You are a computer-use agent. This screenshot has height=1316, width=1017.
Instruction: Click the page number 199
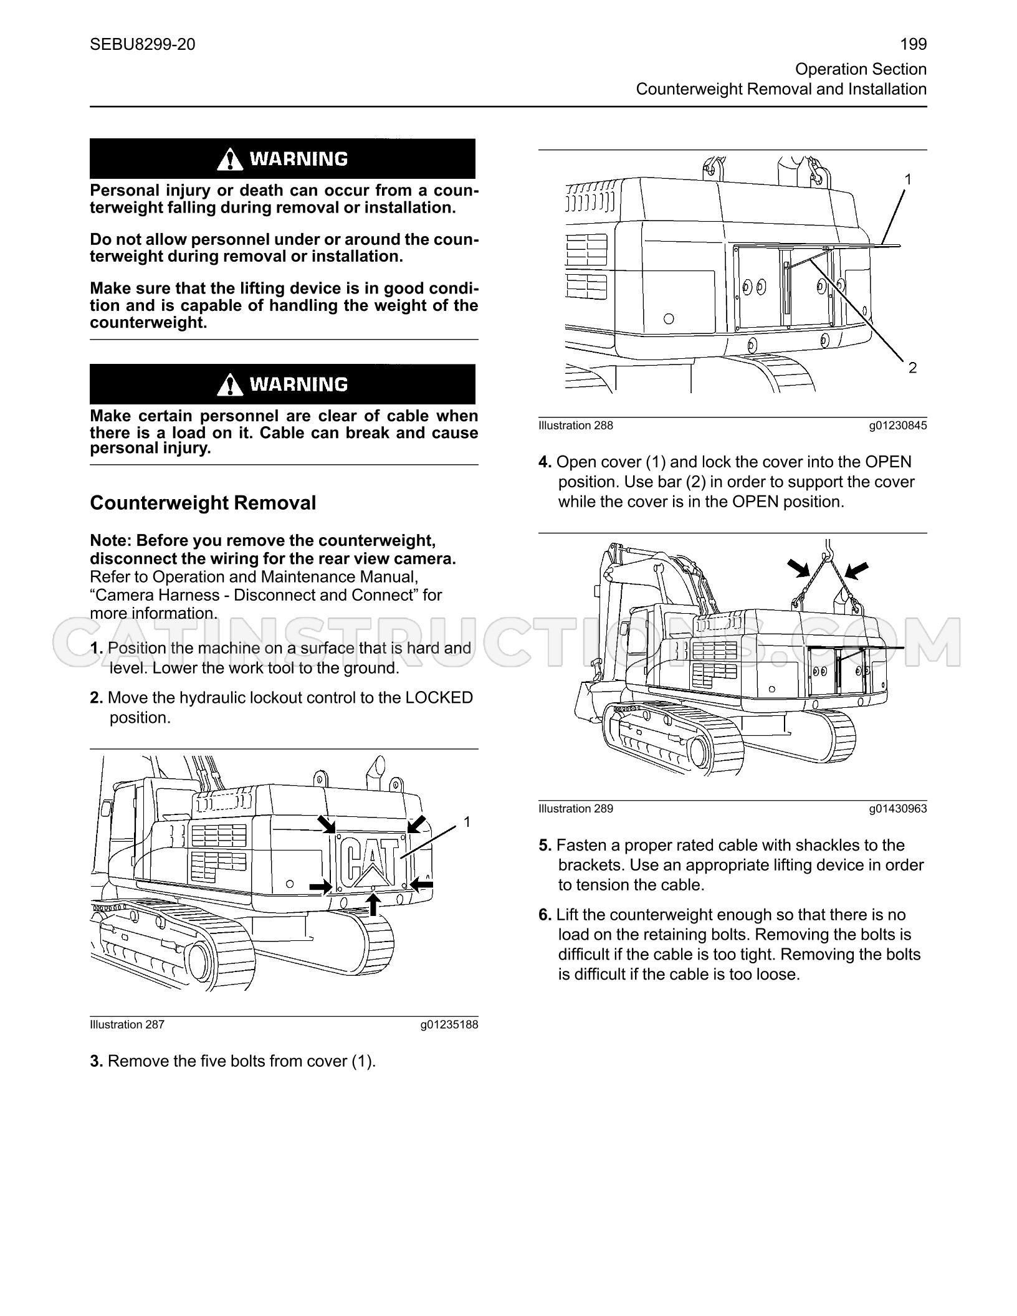pyautogui.click(x=914, y=44)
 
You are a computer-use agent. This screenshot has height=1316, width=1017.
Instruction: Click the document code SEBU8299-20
pyautogui.click(x=143, y=44)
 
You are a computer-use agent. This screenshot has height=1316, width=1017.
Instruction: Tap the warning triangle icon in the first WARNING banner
pyautogui.click(x=231, y=160)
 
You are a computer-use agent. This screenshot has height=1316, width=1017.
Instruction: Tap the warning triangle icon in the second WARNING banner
pyautogui.click(x=231, y=384)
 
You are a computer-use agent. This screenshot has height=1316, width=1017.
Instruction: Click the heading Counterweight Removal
pyautogui.click(x=203, y=503)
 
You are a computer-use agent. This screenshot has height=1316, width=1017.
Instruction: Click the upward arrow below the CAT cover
pyautogui.click(x=373, y=904)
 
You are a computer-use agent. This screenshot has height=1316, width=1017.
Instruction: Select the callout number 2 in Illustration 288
pyautogui.click(x=913, y=368)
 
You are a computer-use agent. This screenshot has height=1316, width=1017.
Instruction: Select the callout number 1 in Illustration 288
pyautogui.click(x=908, y=179)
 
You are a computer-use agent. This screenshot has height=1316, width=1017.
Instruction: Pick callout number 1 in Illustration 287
pyautogui.click(x=467, y=822)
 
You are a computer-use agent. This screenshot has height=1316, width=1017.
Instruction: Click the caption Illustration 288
pyautogui.click(x=576, y=426)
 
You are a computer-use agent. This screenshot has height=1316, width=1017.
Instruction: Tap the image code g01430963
pyautogui.click(x=898, y=809)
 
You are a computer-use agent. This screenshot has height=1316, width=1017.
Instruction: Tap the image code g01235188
pyautogui.click(x=449, y=1025)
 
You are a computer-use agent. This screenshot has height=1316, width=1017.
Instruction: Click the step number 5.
pyautogui.click(x=545, y=846)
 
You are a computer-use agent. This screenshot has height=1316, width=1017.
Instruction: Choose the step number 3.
pyautogui.click(x=97, y=1061)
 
